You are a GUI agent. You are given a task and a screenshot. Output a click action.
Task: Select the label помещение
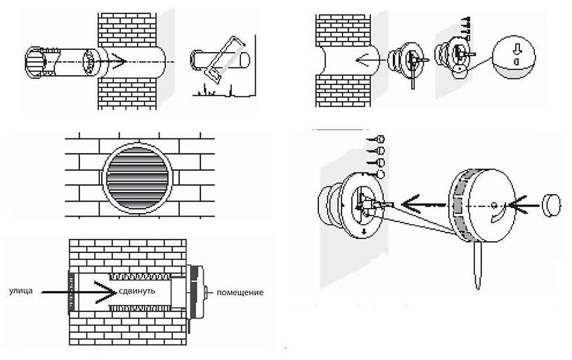coord(241,292)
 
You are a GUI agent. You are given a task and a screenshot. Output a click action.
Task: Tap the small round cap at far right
coord(552,205)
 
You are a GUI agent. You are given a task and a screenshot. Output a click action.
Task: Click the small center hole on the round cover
coord(495,205)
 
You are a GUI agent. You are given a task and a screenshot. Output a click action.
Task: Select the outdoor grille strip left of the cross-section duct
coord(70,292)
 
